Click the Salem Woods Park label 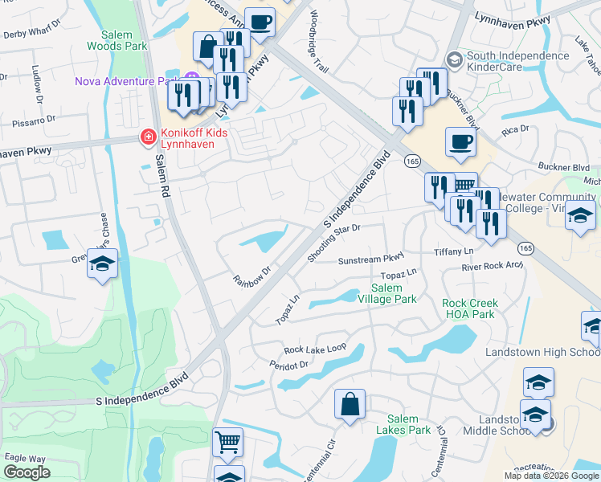coord(124,41)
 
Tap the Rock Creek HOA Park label coord(470,308)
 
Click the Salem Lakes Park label coord(403,424)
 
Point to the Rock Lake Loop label coord(314,349)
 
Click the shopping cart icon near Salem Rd coord(227,441)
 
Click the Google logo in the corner coord(27,472)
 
